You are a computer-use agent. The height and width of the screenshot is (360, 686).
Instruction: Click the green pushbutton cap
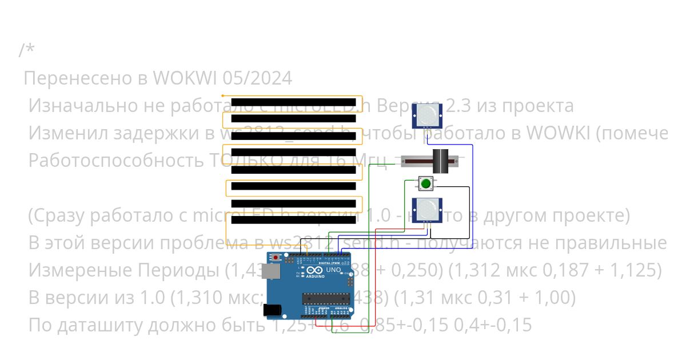pyautogui.click(x=425, y=184)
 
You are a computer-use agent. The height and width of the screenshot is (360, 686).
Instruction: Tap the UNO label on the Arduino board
pyautogui.click(x=333, y=269)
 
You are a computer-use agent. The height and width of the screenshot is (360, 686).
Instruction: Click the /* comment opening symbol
pyautogui.click(x=26, y=50)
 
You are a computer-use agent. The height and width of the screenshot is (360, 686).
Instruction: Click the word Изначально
pyautogui.click(x=81, y=106)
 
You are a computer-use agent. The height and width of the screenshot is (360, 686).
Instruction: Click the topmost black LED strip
pyautogui.click(x=293, y=102)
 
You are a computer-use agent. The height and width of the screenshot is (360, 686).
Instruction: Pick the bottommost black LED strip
pyautogui.click(x=293, y=220)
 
